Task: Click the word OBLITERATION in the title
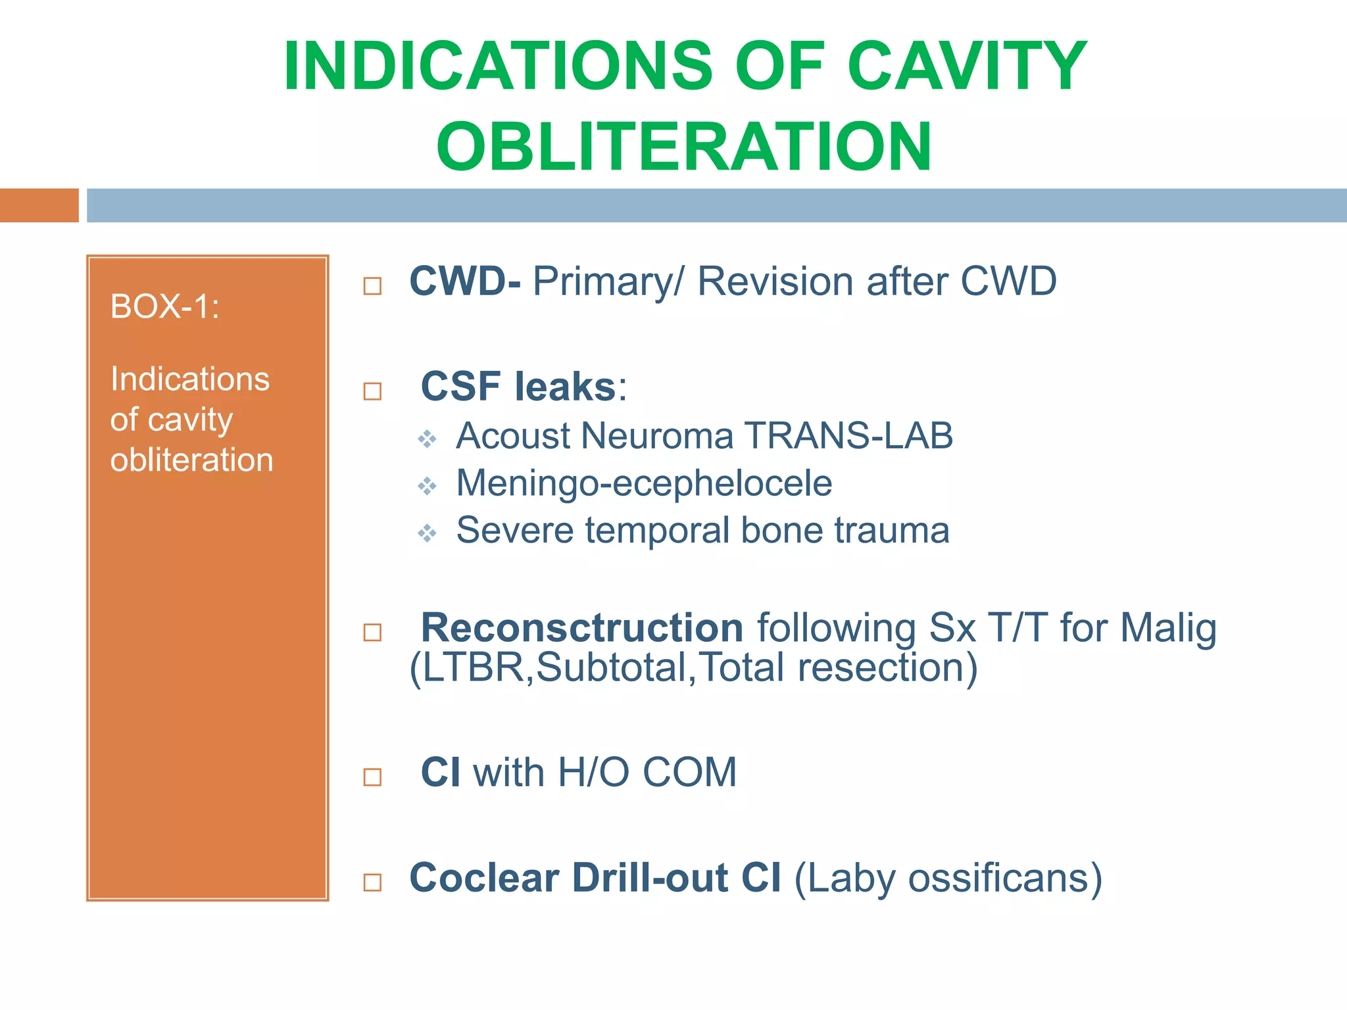684,147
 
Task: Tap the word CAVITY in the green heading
967,66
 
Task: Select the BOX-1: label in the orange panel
164,306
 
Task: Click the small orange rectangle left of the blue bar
39,205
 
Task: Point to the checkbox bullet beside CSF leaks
372,391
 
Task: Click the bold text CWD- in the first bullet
465,281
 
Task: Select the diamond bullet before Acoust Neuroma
428,439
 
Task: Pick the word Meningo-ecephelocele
644,483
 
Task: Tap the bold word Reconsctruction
581,627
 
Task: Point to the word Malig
1168,627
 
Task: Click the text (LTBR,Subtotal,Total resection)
693,668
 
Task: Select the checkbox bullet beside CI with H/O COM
372,777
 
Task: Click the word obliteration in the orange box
191,460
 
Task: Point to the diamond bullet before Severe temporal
428,533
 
